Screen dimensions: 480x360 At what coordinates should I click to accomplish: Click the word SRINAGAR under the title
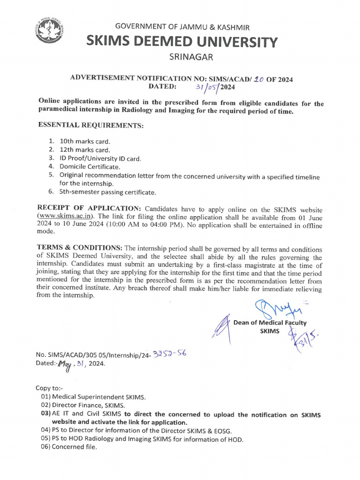191,58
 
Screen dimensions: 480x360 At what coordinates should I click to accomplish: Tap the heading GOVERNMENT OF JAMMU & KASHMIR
182,28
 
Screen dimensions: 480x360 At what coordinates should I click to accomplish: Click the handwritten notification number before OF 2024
257,79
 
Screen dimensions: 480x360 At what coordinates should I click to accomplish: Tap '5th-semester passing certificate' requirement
107,192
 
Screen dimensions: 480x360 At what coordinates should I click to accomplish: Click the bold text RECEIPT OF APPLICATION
89,208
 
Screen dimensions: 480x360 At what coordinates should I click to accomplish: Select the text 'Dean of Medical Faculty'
270,322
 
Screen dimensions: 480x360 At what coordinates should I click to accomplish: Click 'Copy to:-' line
49,388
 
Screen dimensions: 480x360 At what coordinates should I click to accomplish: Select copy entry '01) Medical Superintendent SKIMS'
93,397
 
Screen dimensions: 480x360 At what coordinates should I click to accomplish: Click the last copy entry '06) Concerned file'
69,447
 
